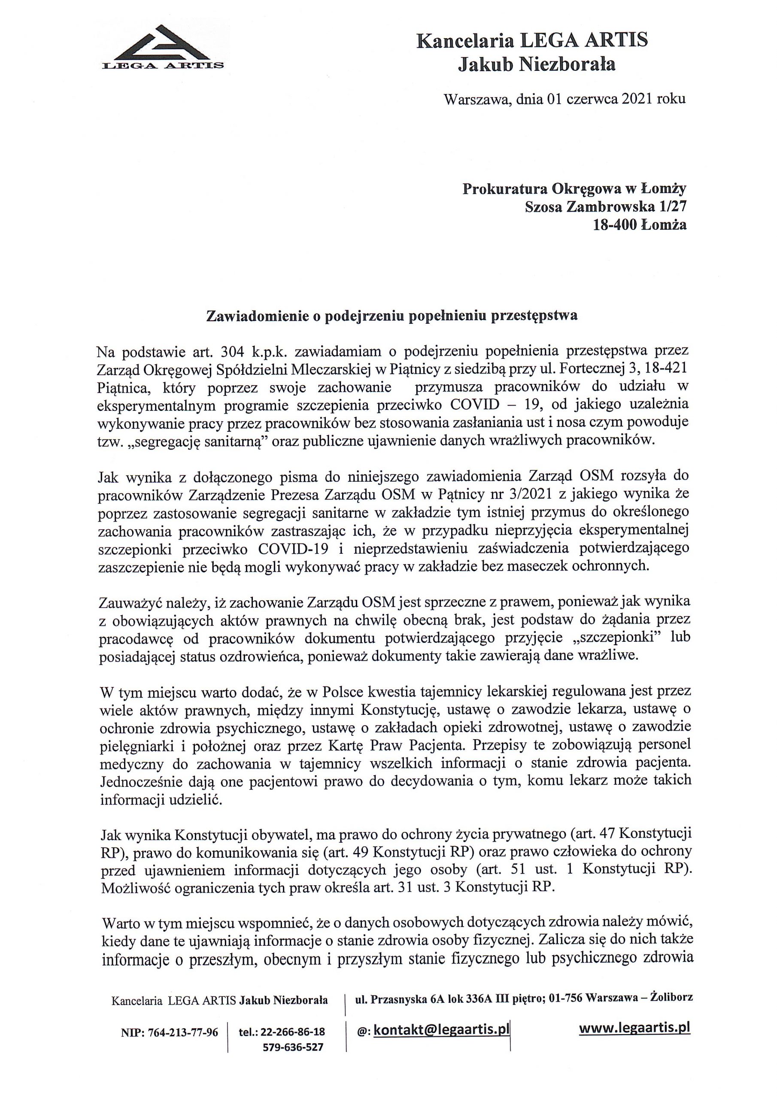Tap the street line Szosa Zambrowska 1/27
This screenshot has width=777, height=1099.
[606, 207]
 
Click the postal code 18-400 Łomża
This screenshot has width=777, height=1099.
[639, 225]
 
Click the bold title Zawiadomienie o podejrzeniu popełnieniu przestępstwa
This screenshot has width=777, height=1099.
[391, 316]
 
